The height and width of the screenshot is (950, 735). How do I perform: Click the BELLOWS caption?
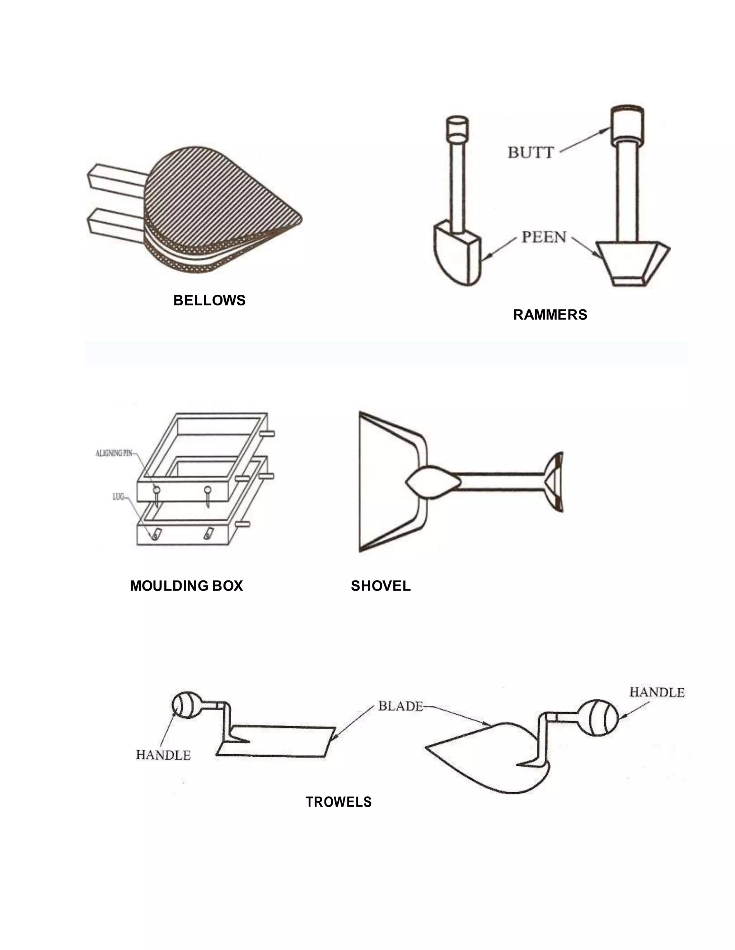click(209, 300)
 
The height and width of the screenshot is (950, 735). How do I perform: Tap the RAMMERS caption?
click(549, 314)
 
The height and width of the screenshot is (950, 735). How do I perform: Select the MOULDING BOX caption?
click(186, 585)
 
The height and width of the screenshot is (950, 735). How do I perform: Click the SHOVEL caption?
click(380, 585)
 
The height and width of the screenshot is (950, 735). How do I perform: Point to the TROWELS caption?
click(338, 802)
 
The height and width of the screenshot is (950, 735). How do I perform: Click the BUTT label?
click(530, 153)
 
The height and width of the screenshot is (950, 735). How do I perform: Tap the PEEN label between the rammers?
click(544, 237)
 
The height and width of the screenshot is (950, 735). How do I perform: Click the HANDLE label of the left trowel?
click(163, 755)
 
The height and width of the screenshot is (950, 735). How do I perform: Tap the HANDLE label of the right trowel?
click(657, 692)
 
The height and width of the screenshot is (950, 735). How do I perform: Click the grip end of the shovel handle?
click(555, 482)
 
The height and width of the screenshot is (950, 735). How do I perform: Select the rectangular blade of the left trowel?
click(278, 742)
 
